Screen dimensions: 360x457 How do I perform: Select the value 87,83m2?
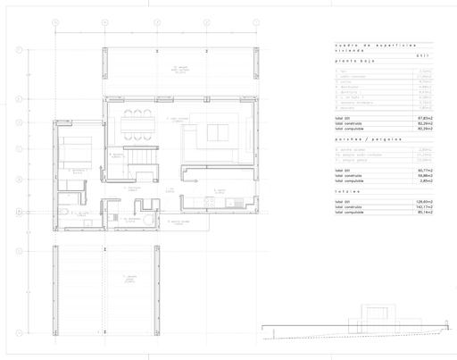point(426,119)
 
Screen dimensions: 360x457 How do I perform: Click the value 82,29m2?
point(426,124)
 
